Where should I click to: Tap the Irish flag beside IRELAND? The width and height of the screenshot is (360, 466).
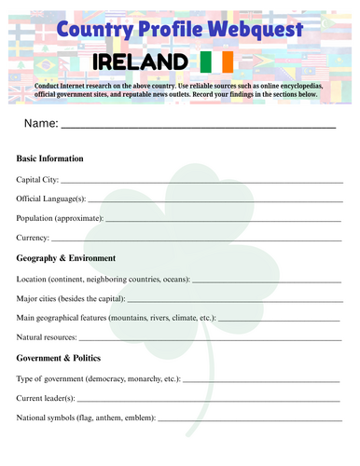[217, 62]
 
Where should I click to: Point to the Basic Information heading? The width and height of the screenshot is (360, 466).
[50, 158]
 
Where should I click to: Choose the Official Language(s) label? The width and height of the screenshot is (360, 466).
[51, 199]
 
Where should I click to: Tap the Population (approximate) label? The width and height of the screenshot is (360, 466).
[60, 218]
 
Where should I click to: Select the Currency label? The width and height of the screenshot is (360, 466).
[34, 239]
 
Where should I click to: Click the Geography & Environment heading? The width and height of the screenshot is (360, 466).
[66, 258]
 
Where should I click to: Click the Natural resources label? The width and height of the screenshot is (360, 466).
[48, 337]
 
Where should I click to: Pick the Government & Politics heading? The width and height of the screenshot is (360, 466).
[59, 358]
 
